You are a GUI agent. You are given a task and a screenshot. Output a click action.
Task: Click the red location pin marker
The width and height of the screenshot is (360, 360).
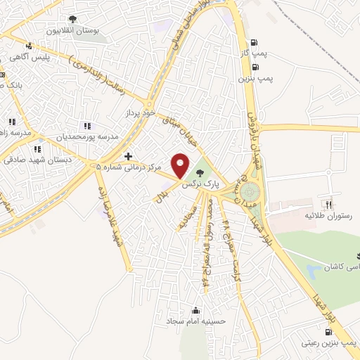tap(181, 165)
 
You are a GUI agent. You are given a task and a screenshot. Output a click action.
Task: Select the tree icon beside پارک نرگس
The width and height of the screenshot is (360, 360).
tap(200, 172)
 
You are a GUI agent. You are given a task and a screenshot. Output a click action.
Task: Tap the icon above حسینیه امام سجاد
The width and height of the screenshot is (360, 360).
tap(195, 311)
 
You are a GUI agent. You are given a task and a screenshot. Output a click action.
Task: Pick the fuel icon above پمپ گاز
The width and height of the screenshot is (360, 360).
tap(253, 41)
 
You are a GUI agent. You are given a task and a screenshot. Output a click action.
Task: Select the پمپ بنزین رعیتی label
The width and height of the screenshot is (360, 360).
tap(330, 342)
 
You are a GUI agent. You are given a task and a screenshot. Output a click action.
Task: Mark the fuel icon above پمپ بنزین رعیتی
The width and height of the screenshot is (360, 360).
tap(329, 331)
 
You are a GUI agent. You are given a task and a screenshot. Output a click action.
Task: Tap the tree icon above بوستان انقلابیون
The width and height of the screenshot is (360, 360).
tap(72, 19)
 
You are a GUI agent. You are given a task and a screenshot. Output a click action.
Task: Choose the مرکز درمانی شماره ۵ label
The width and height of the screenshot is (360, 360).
tap(129, 167)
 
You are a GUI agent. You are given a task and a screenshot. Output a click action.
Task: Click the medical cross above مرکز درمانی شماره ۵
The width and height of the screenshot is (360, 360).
tap(127, 155)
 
